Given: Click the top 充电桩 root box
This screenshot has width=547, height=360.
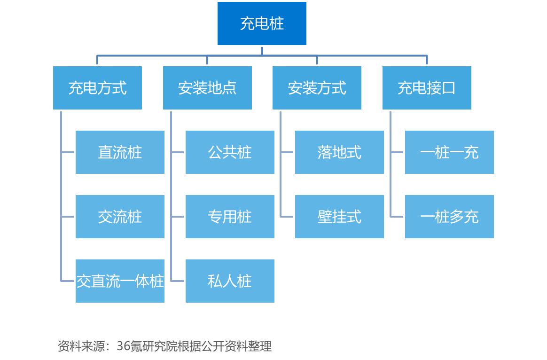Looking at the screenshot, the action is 262,23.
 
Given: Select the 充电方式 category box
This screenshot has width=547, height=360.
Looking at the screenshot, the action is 97,88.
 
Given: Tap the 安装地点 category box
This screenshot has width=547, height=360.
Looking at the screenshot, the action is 207,88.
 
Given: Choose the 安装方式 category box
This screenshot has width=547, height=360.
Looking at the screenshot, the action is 317,88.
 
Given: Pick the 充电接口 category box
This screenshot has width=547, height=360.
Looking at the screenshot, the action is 427,88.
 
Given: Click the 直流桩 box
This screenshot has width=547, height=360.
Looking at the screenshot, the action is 120,152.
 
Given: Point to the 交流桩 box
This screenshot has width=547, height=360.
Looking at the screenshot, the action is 120,217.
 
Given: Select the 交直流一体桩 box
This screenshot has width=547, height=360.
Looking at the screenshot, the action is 120,281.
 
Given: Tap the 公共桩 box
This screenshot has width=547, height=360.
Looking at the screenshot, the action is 230,152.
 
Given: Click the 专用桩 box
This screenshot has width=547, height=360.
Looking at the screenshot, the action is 230,217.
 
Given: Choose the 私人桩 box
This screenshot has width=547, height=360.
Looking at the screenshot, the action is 230,281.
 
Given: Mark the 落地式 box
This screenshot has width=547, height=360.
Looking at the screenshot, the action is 339,152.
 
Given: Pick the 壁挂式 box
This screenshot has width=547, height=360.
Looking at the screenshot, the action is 339,217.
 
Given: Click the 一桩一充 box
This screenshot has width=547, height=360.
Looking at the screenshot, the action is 449,152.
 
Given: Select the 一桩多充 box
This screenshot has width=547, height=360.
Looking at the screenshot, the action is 449,217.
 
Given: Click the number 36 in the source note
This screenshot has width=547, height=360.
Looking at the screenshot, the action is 123,346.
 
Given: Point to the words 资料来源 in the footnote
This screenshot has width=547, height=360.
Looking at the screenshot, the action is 81,346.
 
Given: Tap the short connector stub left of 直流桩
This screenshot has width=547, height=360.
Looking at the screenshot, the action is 67,152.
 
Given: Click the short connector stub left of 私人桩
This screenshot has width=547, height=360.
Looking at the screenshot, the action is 177,281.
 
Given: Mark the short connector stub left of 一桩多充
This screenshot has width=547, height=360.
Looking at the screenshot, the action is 397,217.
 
